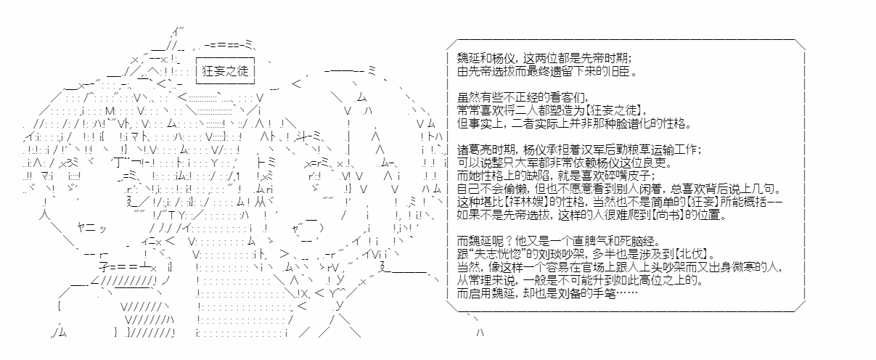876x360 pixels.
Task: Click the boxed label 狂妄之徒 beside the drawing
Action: coord(225,71)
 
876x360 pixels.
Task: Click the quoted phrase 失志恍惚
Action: coord(493,254)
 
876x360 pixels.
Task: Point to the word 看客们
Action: coord(565,97)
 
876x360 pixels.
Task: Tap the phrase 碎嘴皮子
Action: coord(626,176)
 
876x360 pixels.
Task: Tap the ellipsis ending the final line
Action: coord(627,293)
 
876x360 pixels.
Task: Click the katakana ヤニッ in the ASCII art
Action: coord(91,227)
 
